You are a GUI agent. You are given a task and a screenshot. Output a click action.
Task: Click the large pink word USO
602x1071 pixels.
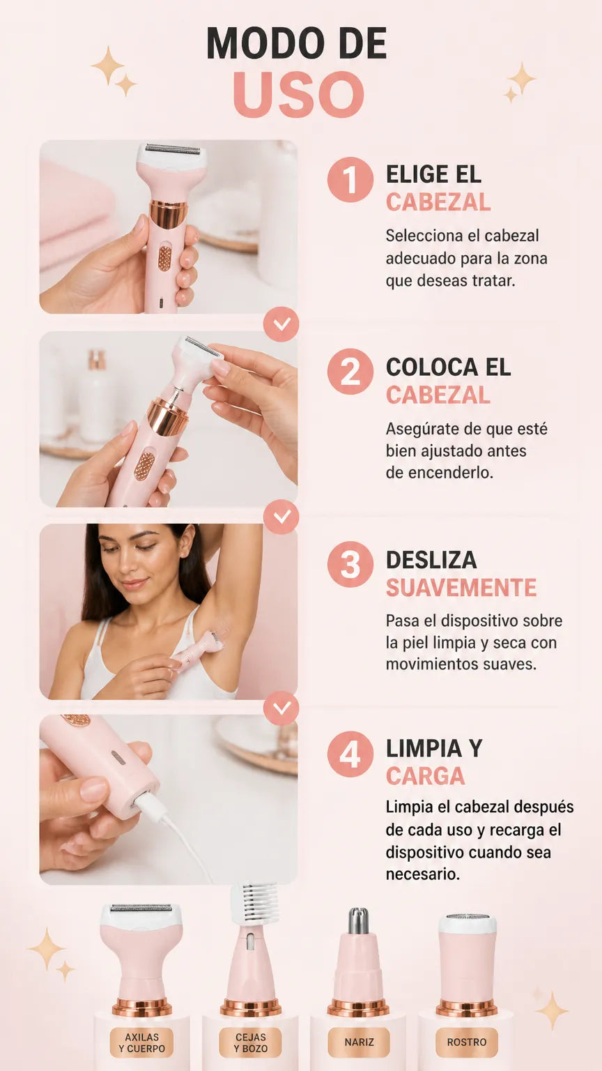298,93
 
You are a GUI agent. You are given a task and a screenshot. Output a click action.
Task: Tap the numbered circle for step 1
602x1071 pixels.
350,179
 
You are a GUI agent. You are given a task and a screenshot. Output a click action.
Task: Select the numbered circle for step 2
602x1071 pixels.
350,372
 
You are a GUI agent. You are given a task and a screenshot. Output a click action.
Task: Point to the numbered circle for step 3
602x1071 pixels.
350,564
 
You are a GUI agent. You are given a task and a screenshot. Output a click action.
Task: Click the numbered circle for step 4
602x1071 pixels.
350,754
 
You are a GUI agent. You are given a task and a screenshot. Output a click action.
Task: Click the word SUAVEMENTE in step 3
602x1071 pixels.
461,588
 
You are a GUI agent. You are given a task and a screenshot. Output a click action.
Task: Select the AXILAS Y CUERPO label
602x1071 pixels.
141,1043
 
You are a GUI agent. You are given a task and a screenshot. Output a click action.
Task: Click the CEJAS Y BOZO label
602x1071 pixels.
250,1043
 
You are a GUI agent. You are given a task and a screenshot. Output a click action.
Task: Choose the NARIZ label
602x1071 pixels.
359,1043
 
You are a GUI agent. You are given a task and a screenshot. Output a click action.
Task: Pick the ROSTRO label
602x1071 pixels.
467,1043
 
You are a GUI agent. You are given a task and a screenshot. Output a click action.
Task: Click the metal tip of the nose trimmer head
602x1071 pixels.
358,921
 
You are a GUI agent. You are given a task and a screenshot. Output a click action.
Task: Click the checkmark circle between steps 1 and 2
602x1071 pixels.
281,324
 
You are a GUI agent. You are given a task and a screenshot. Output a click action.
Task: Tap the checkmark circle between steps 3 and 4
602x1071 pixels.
281,707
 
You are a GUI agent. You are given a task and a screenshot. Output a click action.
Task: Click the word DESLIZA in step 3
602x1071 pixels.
431,560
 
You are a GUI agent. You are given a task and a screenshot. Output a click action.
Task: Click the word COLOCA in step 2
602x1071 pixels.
432,367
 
